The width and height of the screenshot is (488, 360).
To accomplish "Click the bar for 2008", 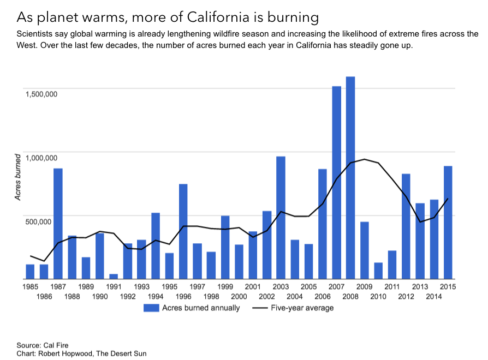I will click(350, 178).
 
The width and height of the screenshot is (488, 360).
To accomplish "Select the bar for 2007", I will click(336, 183).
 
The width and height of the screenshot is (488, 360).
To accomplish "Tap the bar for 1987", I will click(58, 224).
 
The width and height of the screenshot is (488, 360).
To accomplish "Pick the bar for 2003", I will click(281, 218).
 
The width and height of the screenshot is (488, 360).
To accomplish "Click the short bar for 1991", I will click(114, 276).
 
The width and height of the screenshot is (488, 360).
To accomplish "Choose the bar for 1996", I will click(183, 231).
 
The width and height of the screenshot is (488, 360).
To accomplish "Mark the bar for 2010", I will click(378, 271).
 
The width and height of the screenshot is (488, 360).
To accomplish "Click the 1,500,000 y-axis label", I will click(41, 94).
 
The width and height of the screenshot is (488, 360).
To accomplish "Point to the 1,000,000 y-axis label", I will click(41, 158).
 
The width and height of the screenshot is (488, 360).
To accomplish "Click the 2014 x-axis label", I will click(434, 296).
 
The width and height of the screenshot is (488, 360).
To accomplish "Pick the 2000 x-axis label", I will click(239, 296).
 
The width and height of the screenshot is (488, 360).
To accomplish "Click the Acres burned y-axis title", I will click(18, 177).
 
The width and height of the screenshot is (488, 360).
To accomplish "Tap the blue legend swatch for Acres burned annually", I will click(151, 308).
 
